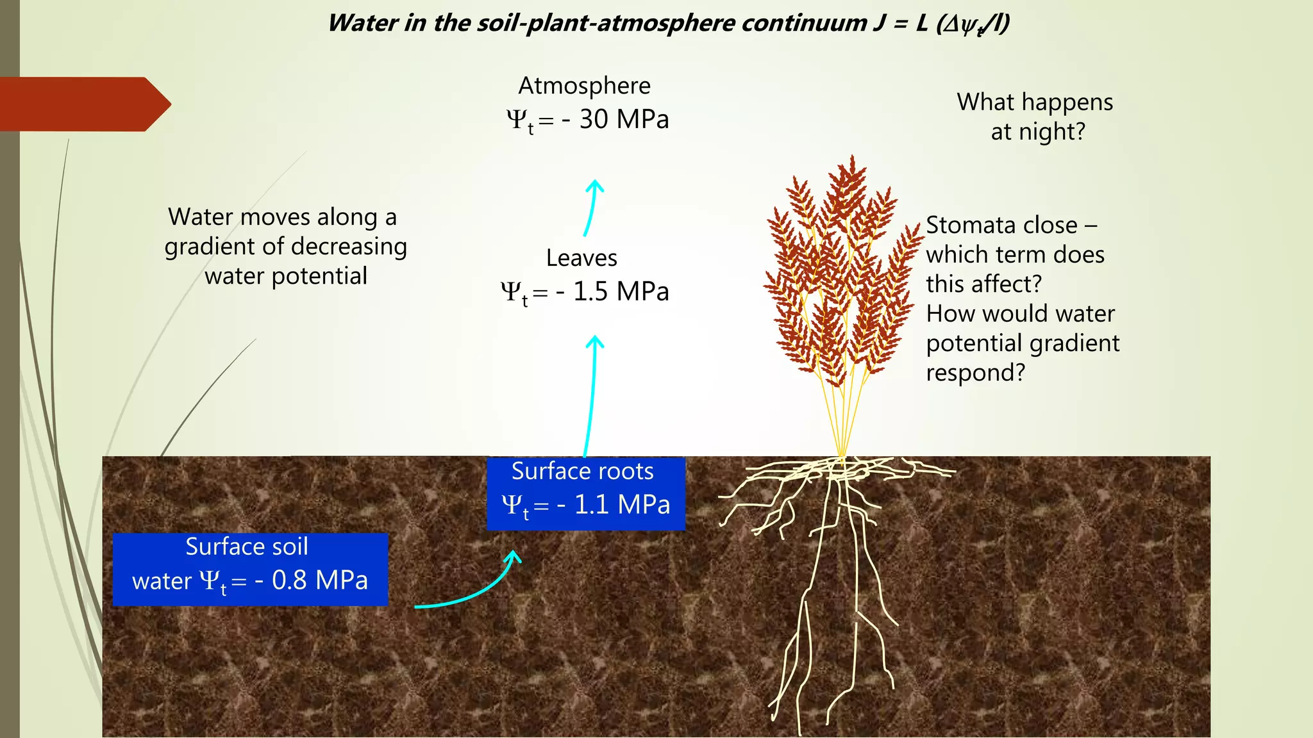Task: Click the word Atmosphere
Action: pyautogui.click(x=584, y=86)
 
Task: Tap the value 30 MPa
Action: pyautogui.click(x=624, y=120)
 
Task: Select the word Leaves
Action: pyautogui.click(x=581, y=258)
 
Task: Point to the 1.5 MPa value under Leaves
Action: pyautogui.click(x=621, y=292)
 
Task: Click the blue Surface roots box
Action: pyautogui.click(x=585, y=493)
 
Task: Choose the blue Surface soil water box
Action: pyautogui.click(x=250, y=569)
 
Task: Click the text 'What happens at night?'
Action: pyautogui.click(x=1035, y=117)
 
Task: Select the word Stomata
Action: pyautogui.click(x=969, y=225)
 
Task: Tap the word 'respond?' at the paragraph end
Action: pyautogui.click(x=975, y=373)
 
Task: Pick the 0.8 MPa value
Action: pyautogui.click(x=319, y=580)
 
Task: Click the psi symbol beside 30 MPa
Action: pyautogui.click(x=516, y=119)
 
